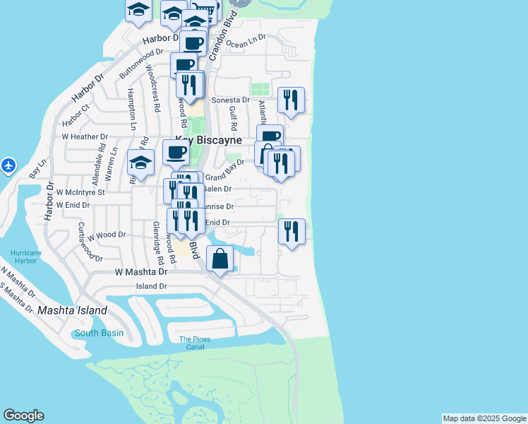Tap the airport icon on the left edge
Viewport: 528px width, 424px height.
pyautogui.click(x=8, y=165)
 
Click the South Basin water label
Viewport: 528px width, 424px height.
pyautogui.click(x=100, y=333)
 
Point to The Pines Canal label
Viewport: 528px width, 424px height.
pyautogui.click(x=195, y=343)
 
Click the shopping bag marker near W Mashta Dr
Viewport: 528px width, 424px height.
pyautogui.click(x=220, y=259)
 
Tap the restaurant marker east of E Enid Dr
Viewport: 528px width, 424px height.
pyautogui.click(x=292, y=231)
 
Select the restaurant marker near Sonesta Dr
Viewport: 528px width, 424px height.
pyautogui.click(x=291, y=100)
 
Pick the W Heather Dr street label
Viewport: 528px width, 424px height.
pyautogui.click(x=85, y=136)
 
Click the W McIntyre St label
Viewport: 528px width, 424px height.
pyautogui.click(x=80, y=192)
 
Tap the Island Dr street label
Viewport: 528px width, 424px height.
pyautogui.click(x=152, y=286)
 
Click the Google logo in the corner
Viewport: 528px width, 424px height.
pyautogui.click(x=23, y=416)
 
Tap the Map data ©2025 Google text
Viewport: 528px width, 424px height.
pyautogui.click(x=484, y=418)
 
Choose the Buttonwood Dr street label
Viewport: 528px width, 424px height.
pyautogui.click(x=140, y=63)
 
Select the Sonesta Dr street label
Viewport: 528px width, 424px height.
pyautogui.click(x=236, y=100)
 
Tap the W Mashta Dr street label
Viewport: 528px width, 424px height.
pyautogui.click(x=141, y=271)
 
